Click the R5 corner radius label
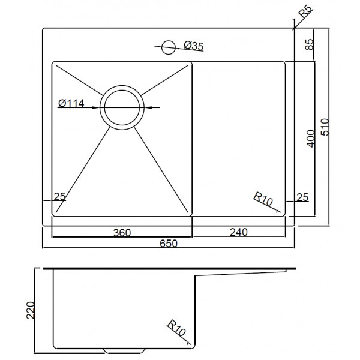point(306,12)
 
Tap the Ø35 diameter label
point(194,46)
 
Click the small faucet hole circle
point(169,47)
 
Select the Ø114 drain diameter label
point(71,104)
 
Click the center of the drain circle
point(122,107)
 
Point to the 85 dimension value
point(310,44)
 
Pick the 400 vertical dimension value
point(311,139)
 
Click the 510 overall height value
point(325,127)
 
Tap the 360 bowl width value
point(122,233)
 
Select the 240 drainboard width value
point(239,232)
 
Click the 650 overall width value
point(169,244)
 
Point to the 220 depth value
point(31,310)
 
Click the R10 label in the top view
point(263,199)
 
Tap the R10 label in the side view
point(176,328)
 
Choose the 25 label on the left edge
point(59,196)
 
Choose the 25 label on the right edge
point(302,197)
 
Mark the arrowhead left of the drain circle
point(96,107)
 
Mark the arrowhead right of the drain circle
point(148,107)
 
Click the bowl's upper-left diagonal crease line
point(79,80)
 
